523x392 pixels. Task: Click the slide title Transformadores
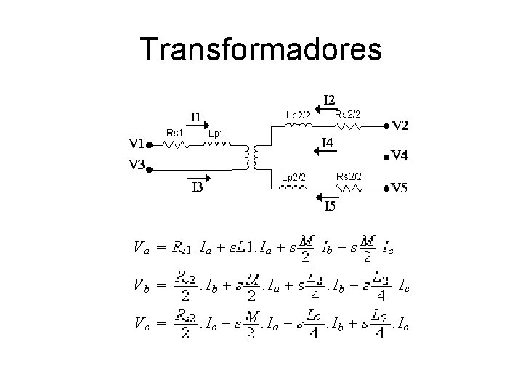coord(261,49)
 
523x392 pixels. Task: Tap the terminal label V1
coord(133,144)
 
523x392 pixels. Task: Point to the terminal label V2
coord(400,126)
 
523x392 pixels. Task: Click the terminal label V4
coord(400,155)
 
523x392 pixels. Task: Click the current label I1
coord(196,116)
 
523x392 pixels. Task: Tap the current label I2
coord(329,99)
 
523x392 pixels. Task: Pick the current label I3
coord(196,189)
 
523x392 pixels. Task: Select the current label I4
coord(328,143)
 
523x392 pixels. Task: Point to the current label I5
coord(330,207)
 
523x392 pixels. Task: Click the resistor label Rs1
coord(174,132)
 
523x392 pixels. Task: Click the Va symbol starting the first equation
coord(142,248)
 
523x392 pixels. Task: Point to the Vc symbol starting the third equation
coord(142,322)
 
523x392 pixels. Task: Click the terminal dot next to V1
coord(148,145)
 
